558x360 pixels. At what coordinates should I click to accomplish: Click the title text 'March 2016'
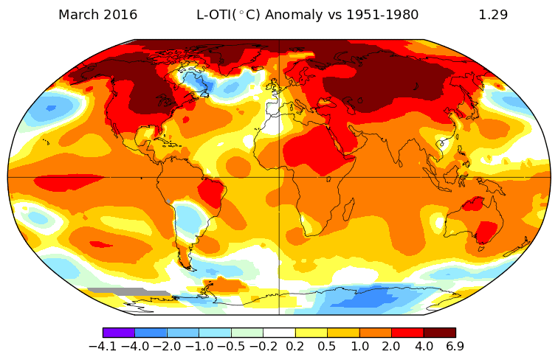point(97,15)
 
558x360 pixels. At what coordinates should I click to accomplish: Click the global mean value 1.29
point(493,15)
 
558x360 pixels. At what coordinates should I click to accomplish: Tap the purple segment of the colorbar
point(118,333)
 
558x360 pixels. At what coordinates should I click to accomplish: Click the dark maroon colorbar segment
point(439,333)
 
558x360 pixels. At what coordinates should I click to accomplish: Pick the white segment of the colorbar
point(279,333)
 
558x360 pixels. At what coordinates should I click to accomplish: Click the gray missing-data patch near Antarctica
point(125,292)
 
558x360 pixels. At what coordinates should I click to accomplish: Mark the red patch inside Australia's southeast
point(486,231)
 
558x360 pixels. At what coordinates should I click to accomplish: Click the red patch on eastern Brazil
point(213,193)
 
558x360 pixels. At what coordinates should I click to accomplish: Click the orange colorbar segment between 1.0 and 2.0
point(375,333)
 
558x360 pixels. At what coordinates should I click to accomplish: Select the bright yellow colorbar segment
point(311,333)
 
